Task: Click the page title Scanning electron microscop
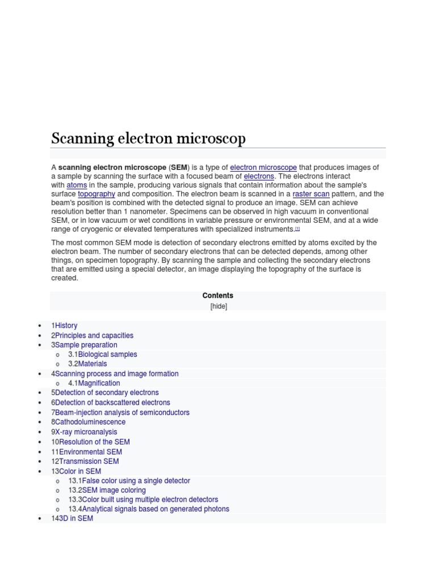click(x=149, y=139)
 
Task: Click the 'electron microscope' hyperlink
click(x=263, y=168)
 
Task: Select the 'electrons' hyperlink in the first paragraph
click(x=259, y=177)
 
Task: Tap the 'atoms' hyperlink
click(x=77, y=185)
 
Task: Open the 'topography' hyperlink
click(x=97, y=194)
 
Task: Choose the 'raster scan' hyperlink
click(x=311, y=194)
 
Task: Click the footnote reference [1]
click(x=297, y=228)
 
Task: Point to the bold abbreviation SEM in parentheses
click(x=179, y=168)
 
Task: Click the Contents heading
click(x=217, y=296)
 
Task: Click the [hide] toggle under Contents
click(x=218, y=306)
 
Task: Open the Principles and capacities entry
click(x=94, y=335)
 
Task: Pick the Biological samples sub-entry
click(x=107, y=355)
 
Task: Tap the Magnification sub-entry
click(x=99, y=384)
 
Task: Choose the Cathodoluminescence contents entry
click(x=90, y=422)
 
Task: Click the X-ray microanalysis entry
click(x=86, y=432)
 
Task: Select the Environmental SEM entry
click(x=90, y=452)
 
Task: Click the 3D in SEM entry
click(x=76, y=519)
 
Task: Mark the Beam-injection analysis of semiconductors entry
click(x=122, y=413)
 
